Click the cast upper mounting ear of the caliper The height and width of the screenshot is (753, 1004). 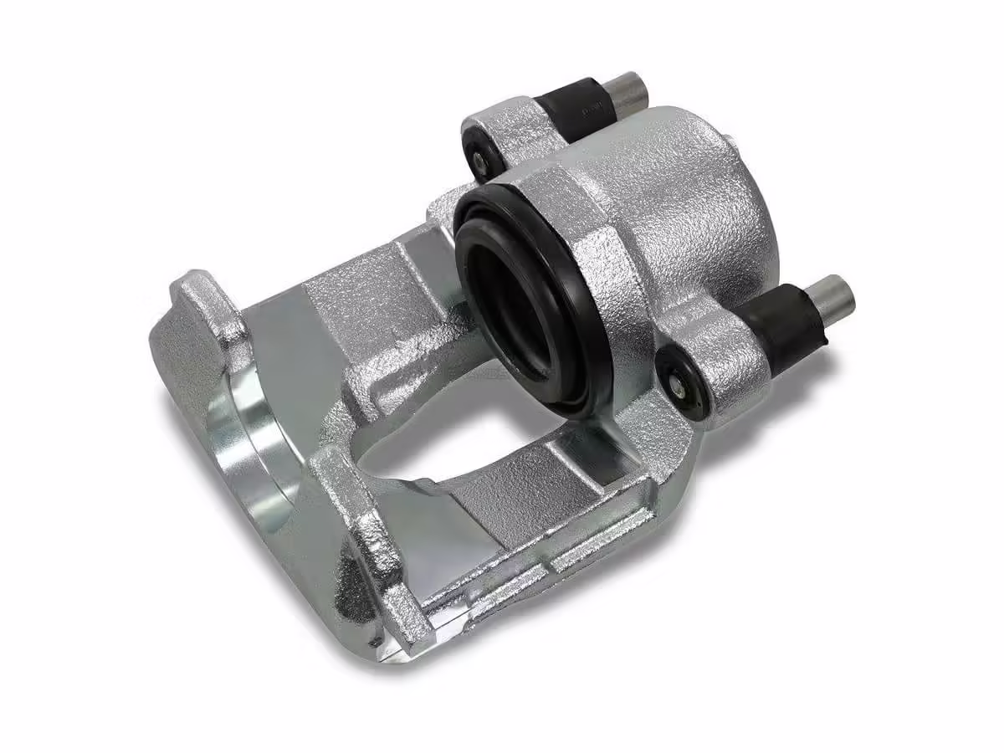point(506,134)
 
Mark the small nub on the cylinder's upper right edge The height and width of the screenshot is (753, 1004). point(732,142)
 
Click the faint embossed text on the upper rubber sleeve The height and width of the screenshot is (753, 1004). point(592,107)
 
